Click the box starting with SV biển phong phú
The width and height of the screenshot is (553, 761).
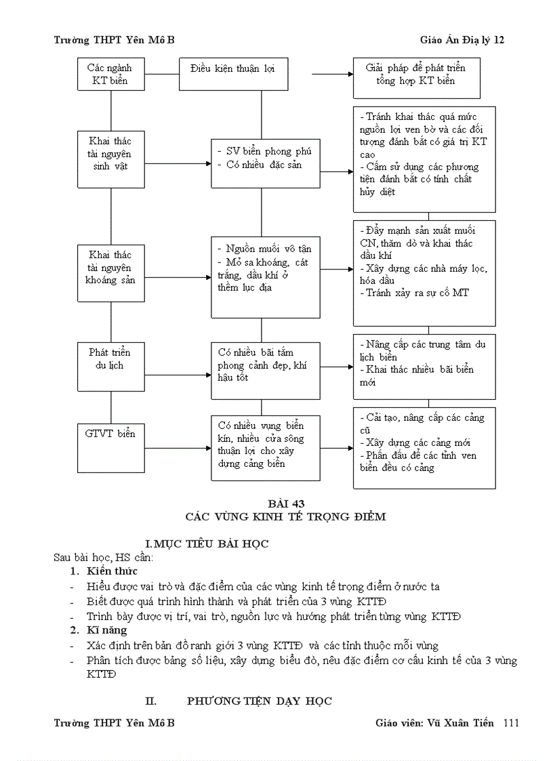click(265, 163)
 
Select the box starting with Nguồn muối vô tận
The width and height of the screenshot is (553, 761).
click(265, 276)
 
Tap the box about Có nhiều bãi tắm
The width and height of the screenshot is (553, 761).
click(265, 370)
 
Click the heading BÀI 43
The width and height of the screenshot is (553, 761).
click(285, 503)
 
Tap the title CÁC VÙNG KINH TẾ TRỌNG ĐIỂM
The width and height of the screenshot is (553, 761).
click(285, 516)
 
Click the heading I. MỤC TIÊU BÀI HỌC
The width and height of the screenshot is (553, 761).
click(207, 543)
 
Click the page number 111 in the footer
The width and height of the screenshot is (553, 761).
click(511, 723)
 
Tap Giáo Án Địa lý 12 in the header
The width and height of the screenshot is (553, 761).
click(462, 40)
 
